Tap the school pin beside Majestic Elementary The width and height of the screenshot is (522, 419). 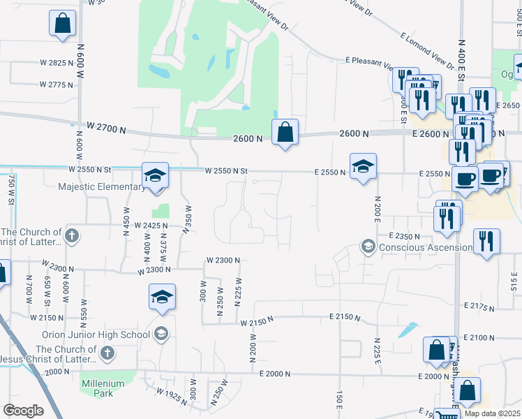coord(156,175)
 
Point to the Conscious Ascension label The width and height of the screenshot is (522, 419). coord(425,247)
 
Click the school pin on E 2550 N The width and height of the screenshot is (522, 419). coord(363,167)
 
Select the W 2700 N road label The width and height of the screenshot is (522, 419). coord(107,128)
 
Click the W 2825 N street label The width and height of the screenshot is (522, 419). coord(56,63)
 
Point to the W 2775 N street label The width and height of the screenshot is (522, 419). coord(57,84)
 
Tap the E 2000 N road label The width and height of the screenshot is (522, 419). coord(283,374)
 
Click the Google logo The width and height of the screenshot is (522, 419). coord(23,410)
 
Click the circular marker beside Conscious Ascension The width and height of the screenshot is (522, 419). coord(368,246)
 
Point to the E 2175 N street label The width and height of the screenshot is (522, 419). coord(480,306)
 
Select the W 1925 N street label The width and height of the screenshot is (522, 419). coord(172,395)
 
